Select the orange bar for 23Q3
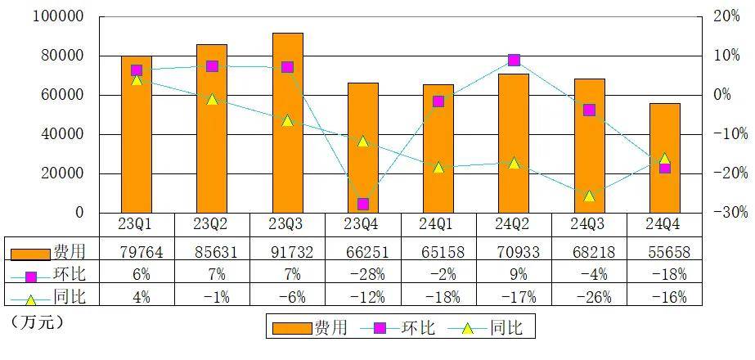[x=287, y=123]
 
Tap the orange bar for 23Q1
[x=137, y=134]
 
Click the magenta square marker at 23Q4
[x=362, y=204]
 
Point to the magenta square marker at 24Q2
[x=514, y=60]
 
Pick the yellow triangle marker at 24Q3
[x=589, y=196]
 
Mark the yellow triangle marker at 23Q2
[x=212, y=99]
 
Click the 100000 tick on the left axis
[x=57, y=16]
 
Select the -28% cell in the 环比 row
[x=362, y=274]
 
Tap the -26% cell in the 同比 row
[x=589, y=297]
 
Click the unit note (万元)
[x=37, y=322]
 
